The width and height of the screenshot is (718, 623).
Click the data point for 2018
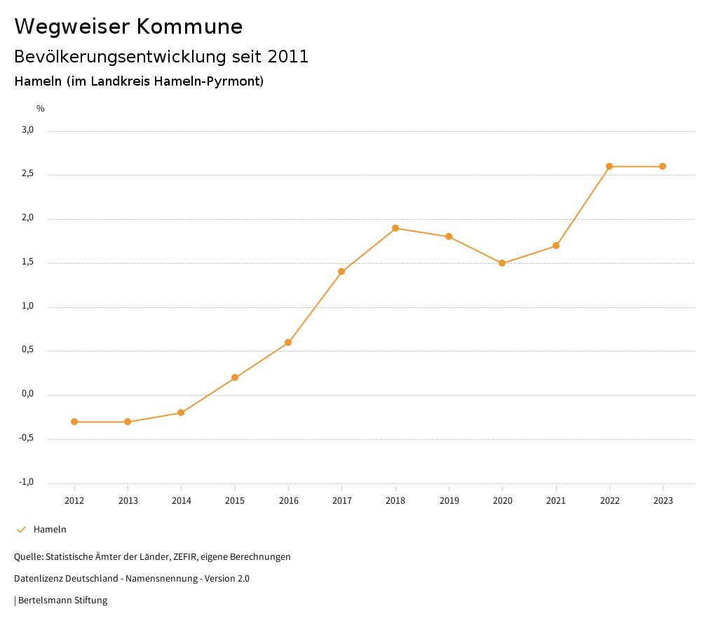(395, 228)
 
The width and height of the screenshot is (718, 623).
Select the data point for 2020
(502, 263)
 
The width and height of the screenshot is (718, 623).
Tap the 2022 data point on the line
(609, 166)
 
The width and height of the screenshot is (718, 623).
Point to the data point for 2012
(74, 422)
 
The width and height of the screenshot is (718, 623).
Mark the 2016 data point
(288, 342)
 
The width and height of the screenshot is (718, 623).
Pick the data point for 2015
(235, 377)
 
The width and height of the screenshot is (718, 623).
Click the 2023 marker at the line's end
(663, 166)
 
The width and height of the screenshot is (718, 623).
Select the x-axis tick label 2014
(182, 500)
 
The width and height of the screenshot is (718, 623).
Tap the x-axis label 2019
(449, 500)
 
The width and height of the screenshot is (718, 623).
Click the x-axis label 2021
(556, 500)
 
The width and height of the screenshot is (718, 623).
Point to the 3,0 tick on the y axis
(28, 130)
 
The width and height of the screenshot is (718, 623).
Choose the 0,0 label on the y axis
(28, 394)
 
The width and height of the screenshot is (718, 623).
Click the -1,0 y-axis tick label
(27, 482)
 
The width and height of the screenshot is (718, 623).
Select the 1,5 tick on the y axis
(28, 262)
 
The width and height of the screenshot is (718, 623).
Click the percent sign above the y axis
(41, 109)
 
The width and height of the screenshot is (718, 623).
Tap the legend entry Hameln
(50, 530)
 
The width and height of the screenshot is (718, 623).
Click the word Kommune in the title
(189, 27)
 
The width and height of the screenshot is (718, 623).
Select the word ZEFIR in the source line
(184, 557)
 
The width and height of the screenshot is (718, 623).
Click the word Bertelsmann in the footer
(43, 601)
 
